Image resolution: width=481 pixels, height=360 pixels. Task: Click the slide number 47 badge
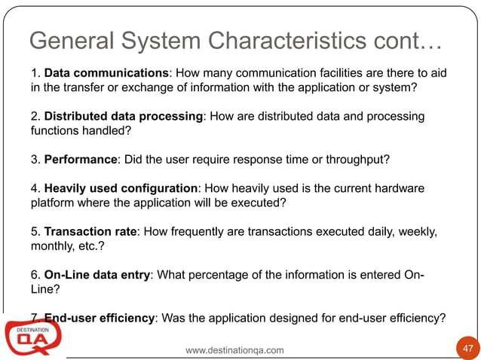[467, 349]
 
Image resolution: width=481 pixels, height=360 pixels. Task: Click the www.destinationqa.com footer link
[234, 350]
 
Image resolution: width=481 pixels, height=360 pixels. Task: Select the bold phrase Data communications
[106, 74]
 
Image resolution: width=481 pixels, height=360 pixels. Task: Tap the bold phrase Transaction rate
[90, 230]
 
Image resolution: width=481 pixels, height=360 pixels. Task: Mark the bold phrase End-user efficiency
[99, 318]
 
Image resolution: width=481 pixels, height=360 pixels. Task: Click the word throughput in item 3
[375, 160]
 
